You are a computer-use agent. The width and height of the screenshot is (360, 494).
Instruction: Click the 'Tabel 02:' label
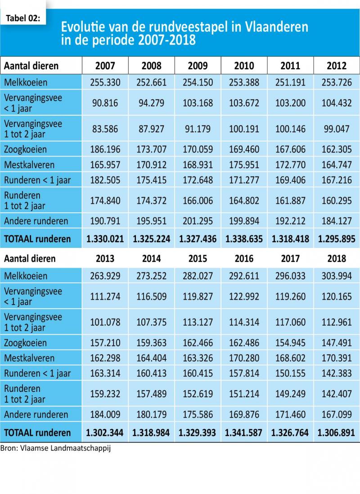23,18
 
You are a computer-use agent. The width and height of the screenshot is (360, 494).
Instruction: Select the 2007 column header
105,66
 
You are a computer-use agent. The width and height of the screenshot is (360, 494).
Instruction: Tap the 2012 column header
337,66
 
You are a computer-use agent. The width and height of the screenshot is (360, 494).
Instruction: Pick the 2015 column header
198,259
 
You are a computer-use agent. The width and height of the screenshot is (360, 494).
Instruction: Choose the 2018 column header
337,259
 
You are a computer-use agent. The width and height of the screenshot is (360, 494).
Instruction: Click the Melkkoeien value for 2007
105,82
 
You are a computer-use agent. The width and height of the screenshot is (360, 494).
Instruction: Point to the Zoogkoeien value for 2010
244,149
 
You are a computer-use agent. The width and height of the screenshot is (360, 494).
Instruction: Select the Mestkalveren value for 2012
337,165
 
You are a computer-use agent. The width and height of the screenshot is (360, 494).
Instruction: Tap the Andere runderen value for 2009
198,221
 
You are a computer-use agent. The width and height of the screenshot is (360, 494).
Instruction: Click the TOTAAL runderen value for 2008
151,239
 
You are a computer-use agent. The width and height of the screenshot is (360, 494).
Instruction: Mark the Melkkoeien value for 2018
337,276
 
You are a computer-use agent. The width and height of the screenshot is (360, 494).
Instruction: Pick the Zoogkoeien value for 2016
244,343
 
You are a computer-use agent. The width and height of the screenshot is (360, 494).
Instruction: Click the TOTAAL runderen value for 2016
243,432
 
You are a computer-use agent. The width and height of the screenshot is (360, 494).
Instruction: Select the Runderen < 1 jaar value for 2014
151,373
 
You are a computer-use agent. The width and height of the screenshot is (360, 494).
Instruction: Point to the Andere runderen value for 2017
290,415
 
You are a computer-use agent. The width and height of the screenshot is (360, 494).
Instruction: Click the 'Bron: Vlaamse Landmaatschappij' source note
55,448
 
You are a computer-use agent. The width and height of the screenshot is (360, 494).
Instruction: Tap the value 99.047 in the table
337,129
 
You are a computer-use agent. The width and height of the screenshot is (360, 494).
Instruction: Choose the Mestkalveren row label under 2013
29,358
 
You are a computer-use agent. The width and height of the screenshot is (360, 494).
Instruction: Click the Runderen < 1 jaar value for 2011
290,180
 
